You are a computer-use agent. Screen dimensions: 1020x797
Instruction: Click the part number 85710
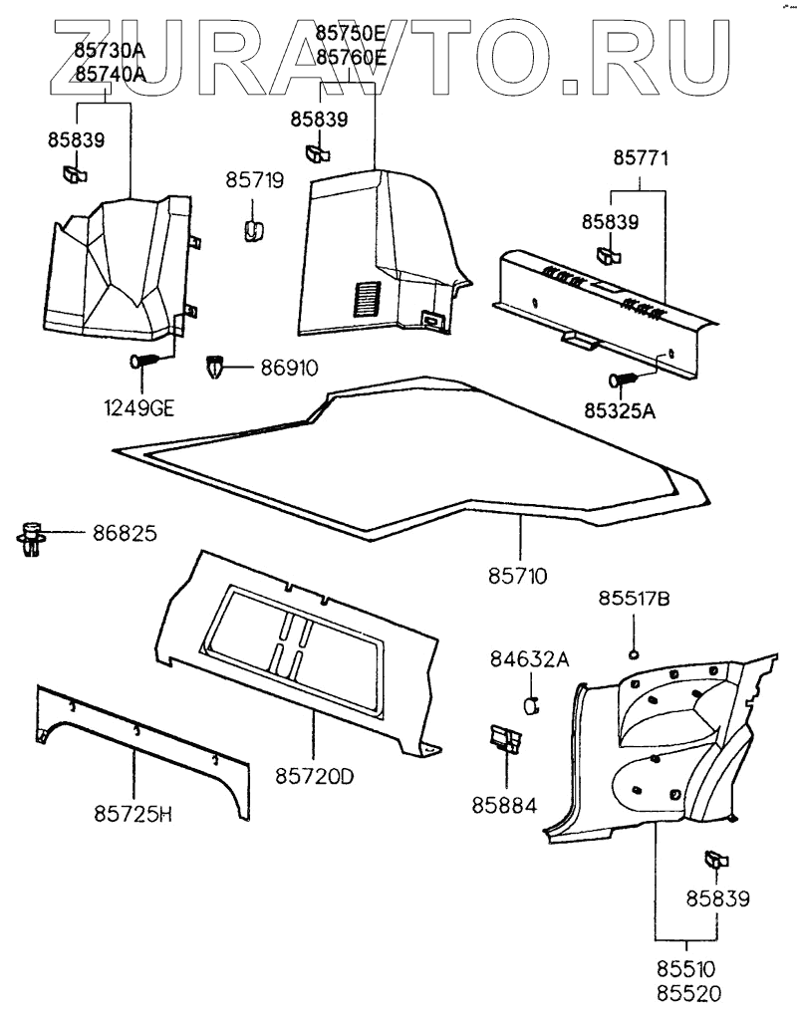click(519, 576)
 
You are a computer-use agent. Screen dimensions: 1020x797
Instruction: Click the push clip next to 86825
click(35, 537)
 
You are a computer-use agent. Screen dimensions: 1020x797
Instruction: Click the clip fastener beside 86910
click(216, 368)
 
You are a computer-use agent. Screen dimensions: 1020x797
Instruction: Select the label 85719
click(254, 181)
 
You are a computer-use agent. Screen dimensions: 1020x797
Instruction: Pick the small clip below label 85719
click(254, 228)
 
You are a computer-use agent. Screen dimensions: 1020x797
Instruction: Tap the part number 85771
click(641, 157)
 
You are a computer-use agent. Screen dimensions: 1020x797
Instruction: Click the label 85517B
click(634, 599)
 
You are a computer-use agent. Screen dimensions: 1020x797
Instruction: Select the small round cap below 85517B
click(634, 653)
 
